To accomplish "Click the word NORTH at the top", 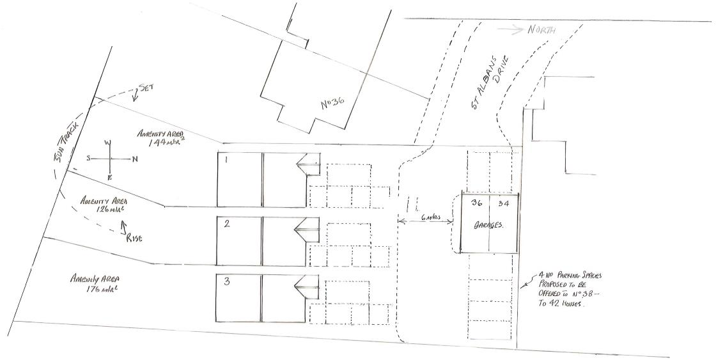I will (x=542, y=30).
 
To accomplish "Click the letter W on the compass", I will (x=109, y=143).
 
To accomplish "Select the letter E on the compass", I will (x=109, y=177).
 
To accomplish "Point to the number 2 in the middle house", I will (x=227, y=223).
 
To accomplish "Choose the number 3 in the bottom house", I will (x=226, y=282).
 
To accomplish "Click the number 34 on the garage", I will (x=504, y=204).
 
